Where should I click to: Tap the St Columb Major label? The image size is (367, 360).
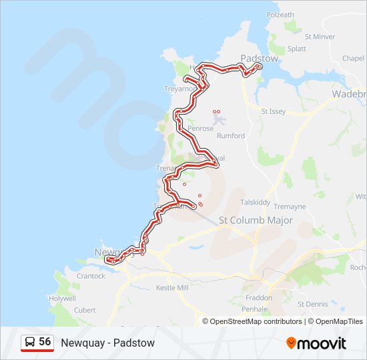coord(256,220)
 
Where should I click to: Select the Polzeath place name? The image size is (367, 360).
coord(280,14)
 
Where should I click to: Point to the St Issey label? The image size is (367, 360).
coord(273,111)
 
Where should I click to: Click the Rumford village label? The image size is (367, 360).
coord(231,135)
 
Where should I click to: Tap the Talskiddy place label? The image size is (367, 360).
coord(256,202)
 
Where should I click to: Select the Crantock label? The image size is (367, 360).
coord(91,275)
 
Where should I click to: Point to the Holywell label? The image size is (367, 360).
coord(62,299)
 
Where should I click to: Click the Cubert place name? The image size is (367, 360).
coord(85,310)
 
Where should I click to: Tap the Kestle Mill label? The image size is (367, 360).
coord(173,287)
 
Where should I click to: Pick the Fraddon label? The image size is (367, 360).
coord(258,297)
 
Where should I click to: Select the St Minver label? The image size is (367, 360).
coord(320,37)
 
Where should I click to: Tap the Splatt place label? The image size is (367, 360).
coord(296,49)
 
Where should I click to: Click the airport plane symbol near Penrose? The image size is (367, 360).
coord(220,120)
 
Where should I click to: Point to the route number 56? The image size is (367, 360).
coord(45,341)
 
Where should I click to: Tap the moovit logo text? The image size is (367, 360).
coord(321,343)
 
